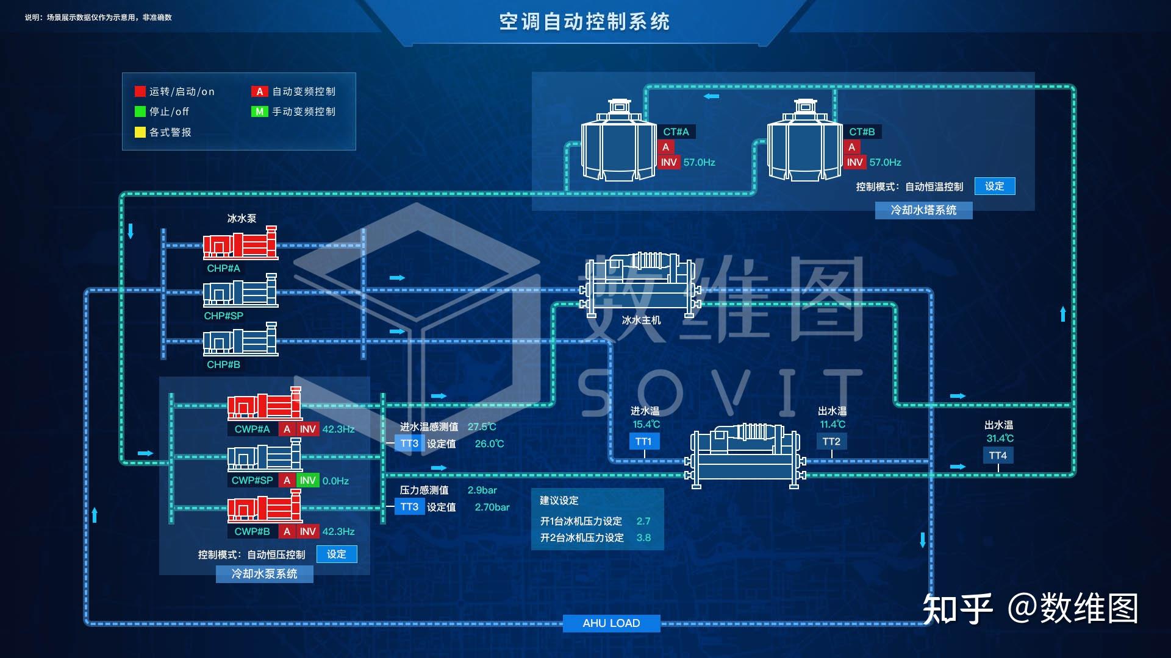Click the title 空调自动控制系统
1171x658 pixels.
(x=584, y=22)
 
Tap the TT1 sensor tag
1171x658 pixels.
(x=643, y=442)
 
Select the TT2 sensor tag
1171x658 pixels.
(x=831, y=442)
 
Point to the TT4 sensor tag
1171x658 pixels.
(x=998, y=456)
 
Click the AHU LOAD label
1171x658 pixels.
(x=611, y=623)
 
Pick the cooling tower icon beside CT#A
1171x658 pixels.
(x=619, y=141)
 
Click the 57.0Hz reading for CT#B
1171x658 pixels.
(x=885, y=163)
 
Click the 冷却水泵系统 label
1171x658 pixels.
(x=264, y=574)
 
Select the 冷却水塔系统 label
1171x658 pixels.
(x=923, y=210)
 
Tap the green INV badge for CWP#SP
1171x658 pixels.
(x=308, y=481)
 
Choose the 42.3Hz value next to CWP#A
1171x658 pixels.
(x=338, y=430)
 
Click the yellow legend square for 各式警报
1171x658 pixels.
(x=140, y=132)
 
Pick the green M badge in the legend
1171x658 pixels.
(x=260, y=111)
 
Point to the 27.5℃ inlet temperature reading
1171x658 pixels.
(x=482, y=427)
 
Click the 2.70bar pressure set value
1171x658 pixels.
(x=492, y=507)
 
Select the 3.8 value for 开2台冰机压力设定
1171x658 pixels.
(x=643, y=538)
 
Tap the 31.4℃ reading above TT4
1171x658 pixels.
(x=1000, y=439)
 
